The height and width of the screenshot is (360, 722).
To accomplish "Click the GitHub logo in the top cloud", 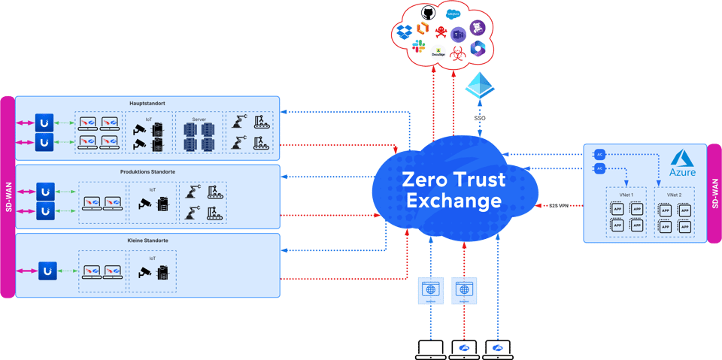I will (x=429, y=13).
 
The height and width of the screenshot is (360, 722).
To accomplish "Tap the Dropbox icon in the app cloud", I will (x=403, y=32).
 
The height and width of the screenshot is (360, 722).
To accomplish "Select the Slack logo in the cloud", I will (x=419, y=47).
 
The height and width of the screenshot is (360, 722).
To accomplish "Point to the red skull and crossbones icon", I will (x=441, y=32).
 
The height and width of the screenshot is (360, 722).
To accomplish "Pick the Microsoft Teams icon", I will (x=459, y=33).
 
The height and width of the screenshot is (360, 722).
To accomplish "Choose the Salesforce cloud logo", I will (x=453, y=14).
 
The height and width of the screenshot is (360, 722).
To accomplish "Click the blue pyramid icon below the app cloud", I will (x=478, y=85).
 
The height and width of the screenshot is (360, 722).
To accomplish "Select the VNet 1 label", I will (x=626, y=195).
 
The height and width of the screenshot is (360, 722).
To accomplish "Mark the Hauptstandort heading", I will (x=147, y=103).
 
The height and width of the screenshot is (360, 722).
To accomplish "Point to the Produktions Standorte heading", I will (x=147, y=172).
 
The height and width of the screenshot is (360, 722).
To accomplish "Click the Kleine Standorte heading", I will (x=147, y=241).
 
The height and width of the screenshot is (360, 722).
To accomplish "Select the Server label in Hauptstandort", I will (x=199, y=118).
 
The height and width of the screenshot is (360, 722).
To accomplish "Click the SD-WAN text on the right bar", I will (x=714, y=193).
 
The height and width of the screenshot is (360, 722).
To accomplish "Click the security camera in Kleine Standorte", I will (x=144, y=272).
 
